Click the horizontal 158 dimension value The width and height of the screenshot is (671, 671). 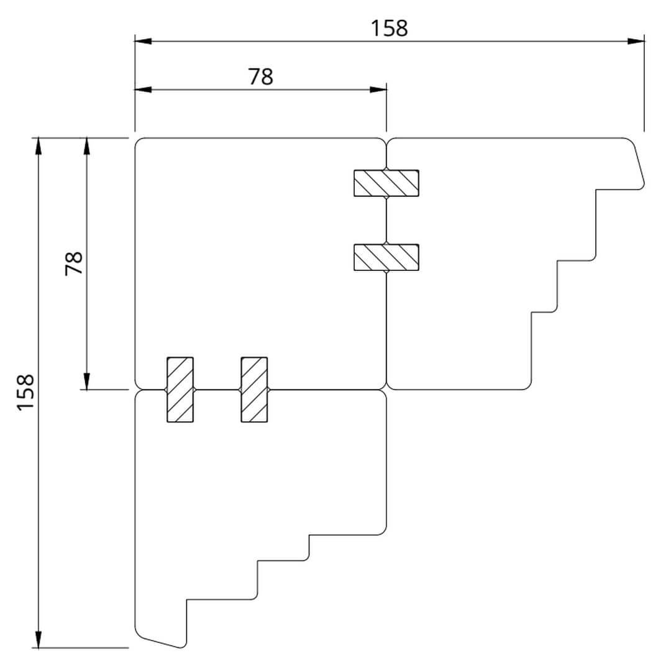coord(390,28)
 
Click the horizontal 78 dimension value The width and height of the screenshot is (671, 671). coord(260,76)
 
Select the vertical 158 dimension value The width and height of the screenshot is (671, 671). coord(25,392)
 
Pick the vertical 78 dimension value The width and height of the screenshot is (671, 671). coord(73,263)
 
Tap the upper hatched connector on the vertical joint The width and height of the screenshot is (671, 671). coord(386,183)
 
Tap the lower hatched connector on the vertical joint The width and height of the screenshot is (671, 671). coord(386,257)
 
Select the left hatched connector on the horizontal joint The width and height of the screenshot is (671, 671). coord(180,390)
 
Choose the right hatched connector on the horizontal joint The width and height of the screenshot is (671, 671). coord(254,390)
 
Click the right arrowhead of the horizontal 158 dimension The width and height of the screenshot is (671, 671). coord(636,42)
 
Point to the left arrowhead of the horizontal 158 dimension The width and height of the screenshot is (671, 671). coord(143,42)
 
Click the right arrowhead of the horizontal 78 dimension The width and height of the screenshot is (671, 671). coord(378,89)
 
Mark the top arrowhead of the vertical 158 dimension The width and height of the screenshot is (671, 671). coord(39,145)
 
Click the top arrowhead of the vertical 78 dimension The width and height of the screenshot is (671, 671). coord(86,145)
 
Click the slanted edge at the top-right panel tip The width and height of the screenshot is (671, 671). coord(639,163)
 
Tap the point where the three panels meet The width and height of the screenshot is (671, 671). coord(386,390)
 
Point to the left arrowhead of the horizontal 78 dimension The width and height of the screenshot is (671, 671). coord(143,89)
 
